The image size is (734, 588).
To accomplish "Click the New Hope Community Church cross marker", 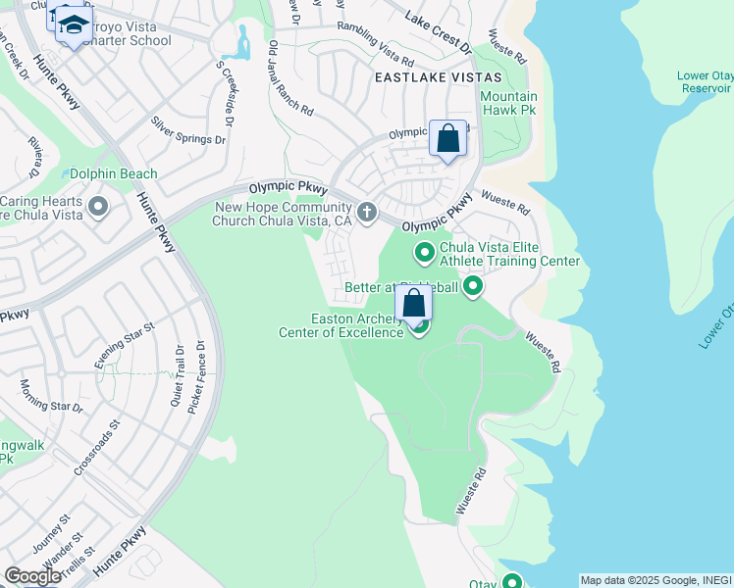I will [x=366, y=212].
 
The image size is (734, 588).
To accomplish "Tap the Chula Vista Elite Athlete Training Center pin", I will [x=425, y=254].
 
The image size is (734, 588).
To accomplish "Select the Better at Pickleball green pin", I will [x=473, y=287].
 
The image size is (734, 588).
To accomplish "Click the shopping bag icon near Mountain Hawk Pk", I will [x=447, y=139].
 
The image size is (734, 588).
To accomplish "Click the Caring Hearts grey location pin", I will [x=97, y=207].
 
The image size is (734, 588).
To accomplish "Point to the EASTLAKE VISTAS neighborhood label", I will [x=437, y=76].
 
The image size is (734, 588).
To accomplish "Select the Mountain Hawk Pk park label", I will [x=508, y=103].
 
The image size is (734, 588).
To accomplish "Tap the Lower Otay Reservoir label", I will [x=705, y=81].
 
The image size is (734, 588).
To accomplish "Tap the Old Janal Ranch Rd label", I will [x=290, y=78].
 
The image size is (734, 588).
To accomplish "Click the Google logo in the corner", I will [x=32, y=576].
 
